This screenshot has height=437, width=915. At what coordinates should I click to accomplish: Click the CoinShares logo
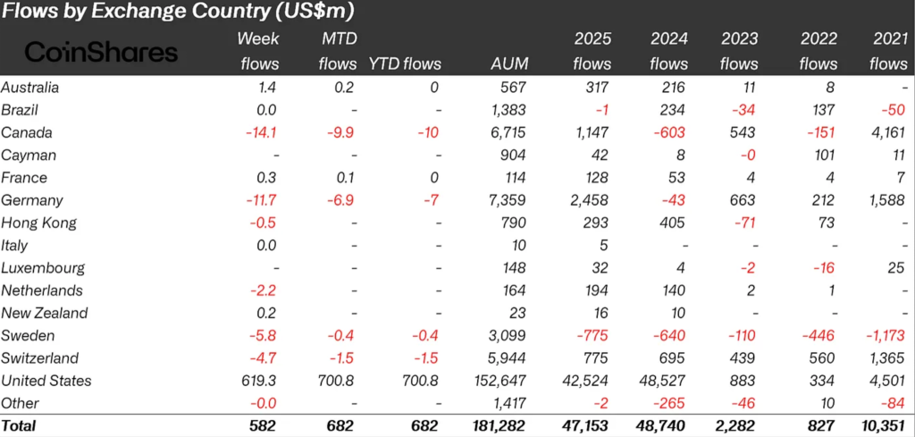click(100, 52)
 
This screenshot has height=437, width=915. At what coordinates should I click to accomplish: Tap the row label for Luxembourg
click(43, 268)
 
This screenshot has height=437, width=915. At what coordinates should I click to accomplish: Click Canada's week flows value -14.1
click(261, 132)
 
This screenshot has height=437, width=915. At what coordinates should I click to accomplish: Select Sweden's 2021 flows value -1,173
click(883, 336)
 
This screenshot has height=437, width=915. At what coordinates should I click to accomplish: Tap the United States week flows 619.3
click(259, 381)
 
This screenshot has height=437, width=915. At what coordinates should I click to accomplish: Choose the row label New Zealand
click(45, 313)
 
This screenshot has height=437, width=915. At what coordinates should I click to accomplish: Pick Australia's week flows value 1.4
click(267, 88)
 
